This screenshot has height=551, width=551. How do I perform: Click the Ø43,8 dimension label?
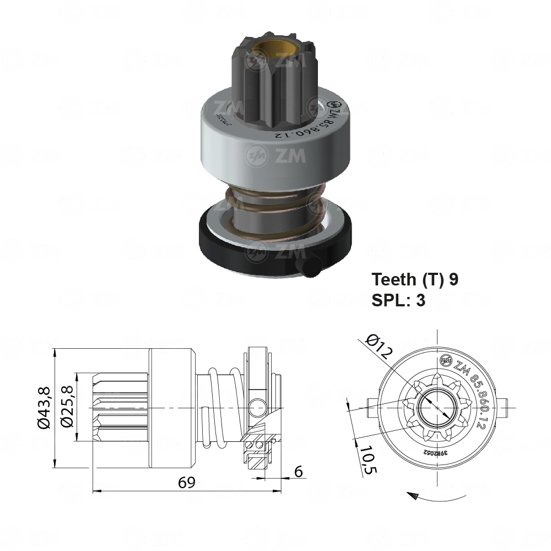(45, 408)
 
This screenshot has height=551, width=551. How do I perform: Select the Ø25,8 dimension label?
(67, 408)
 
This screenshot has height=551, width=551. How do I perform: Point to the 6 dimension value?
(298, 472)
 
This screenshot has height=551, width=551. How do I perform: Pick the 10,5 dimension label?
(368, 460)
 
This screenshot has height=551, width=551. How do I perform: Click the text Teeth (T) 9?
(415, 279)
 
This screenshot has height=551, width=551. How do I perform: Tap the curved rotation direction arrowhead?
(411, 495)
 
